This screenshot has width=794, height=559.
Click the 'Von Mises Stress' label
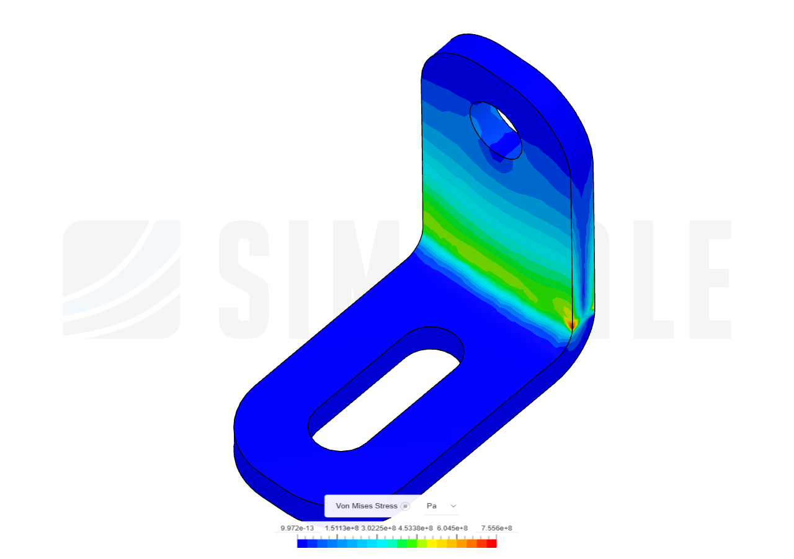pos(366,506)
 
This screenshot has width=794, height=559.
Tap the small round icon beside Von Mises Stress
pos(405,506)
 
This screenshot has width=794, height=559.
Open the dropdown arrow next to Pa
pos(453,506)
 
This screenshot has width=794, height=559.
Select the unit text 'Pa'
pos(432,506)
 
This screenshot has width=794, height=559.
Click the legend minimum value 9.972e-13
pos(297,529)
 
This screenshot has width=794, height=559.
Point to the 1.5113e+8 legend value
pos(341,529)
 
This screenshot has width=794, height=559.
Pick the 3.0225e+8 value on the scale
pos(378,529)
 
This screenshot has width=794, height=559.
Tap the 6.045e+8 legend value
pos(452,529)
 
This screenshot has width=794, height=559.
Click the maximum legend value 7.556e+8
pos(496,529)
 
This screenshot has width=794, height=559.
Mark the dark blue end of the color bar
pos(301,543)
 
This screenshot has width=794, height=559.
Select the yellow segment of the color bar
pos(432,543)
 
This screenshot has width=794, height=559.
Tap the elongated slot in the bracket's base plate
pos(386,389)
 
